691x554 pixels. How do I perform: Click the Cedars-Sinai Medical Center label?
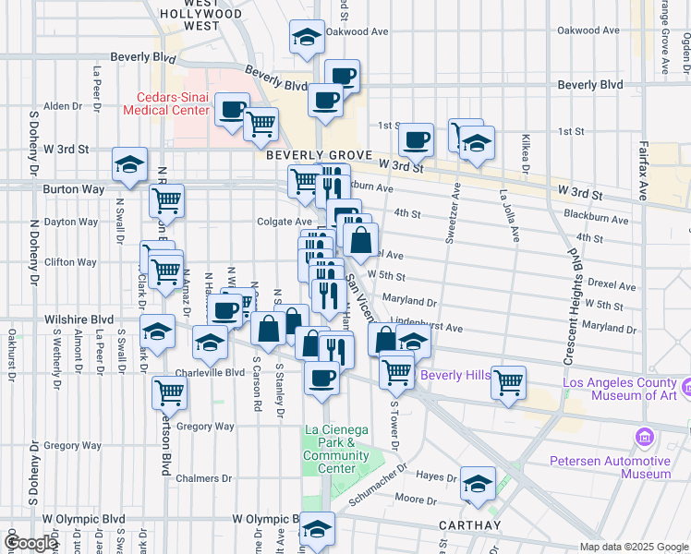tap(166, 103)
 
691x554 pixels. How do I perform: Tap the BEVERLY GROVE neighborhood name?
tap(319, 155)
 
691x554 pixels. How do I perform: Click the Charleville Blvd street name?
tap(210, 373)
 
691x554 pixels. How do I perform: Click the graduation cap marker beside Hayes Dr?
tap(479, 483)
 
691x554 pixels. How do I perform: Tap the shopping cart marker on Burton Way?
tap(166, 199)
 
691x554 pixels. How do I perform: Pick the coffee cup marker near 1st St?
tap(416, 139)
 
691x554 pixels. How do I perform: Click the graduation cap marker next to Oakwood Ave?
tap(307, 36)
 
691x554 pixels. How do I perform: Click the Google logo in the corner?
tap(30, 543)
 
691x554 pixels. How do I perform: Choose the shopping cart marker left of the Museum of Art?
tap(508, 380)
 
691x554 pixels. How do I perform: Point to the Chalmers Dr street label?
tap(207, 478)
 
